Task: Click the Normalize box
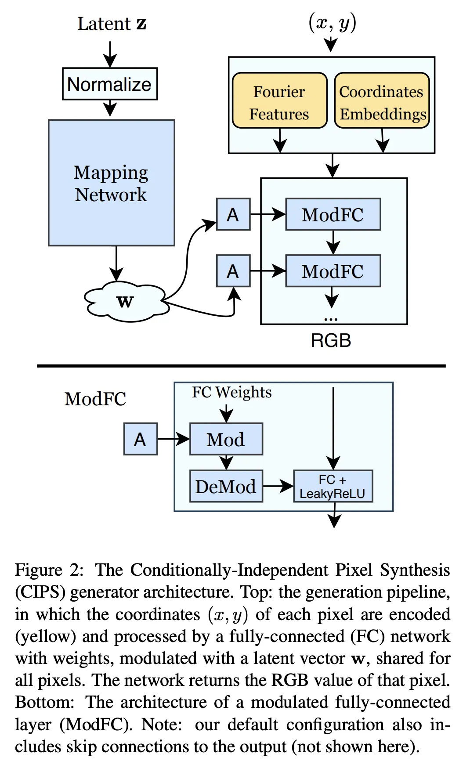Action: [x=110, y=84]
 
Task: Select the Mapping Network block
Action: [x=112, y=183]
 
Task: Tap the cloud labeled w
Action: [x=126, y=302]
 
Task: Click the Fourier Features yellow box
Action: [x=279, y=101]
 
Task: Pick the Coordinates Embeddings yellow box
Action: [x=382, y=101]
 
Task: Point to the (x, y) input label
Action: [x=332, y=23]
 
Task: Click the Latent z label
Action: [x=112, y=24]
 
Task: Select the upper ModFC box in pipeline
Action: [x=333, y=215]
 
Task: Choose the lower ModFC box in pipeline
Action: [x=333, y=271]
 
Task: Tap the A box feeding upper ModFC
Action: [x=233, y=215]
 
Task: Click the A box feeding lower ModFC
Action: [x=233, y=271]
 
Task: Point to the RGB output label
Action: [x=331, y=341]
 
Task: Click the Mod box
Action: [x=226, y=439]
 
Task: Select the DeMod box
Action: [x=226, y=486]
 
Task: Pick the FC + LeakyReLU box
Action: [x=333, y=486]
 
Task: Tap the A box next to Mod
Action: [x=141, y=439]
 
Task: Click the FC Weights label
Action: [x=231, y=392]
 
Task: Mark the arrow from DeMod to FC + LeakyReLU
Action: [x=278, y=486]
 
